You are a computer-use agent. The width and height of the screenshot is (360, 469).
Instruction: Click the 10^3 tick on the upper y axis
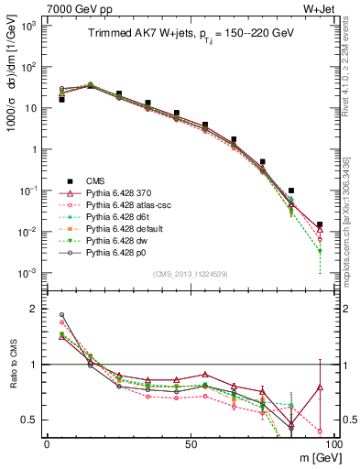(x=27, y=26)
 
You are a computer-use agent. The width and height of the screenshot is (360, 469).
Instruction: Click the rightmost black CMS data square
(x=319, y=224)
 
